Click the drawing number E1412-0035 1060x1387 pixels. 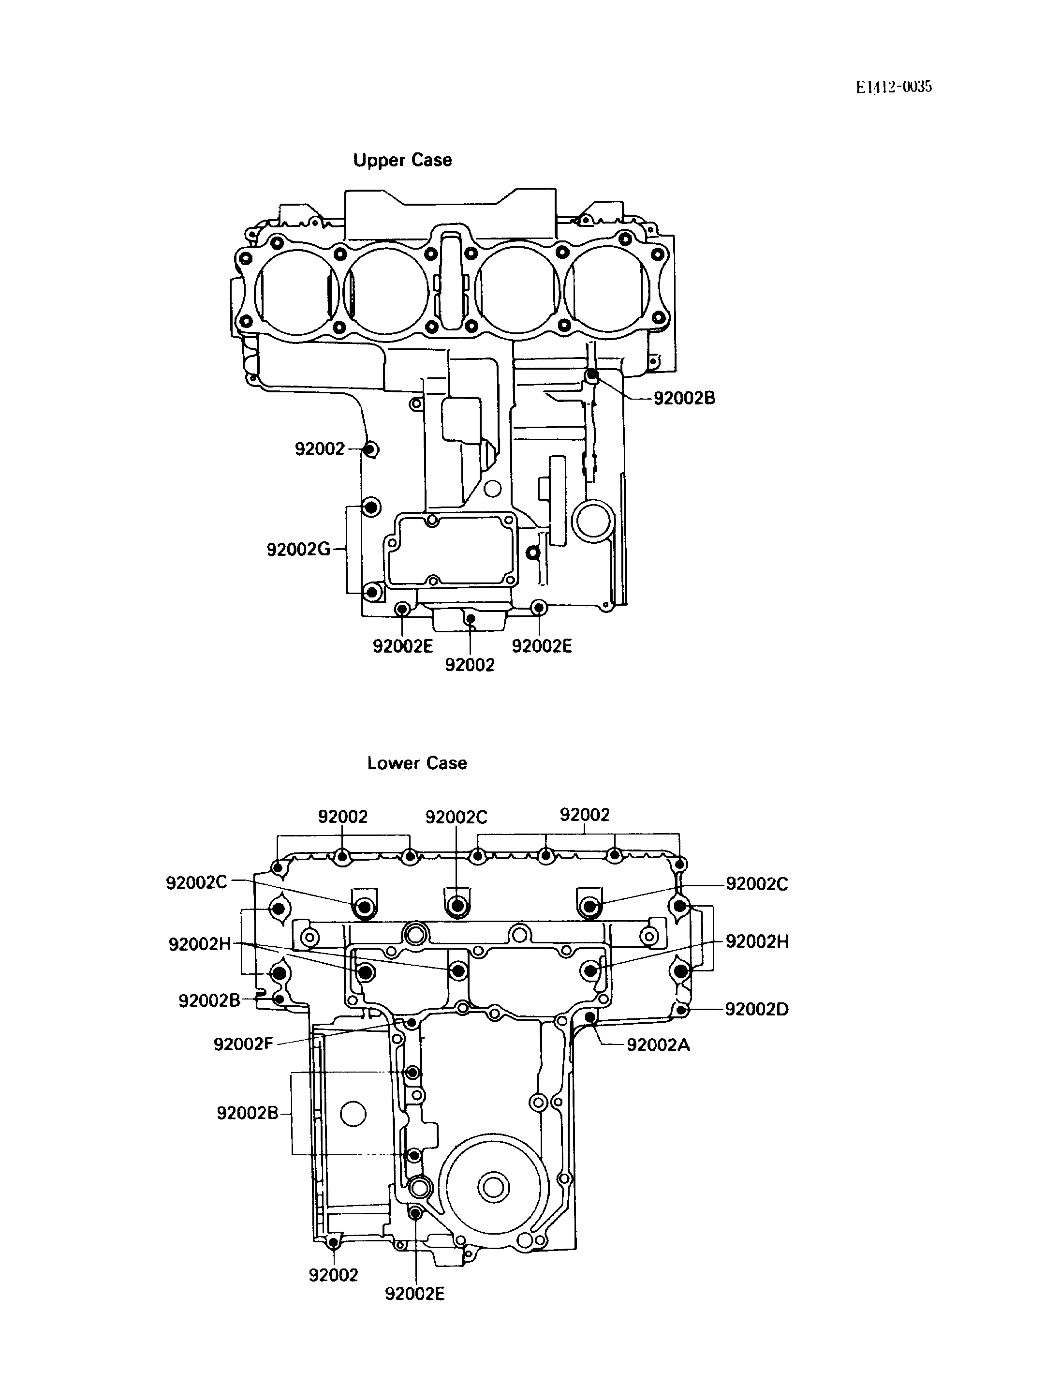894,87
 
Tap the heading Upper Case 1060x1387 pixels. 402,160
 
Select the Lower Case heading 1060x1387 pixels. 417,763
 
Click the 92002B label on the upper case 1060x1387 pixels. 684,399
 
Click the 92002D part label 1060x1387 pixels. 756,1009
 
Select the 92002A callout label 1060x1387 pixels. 658,1045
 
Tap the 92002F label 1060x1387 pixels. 243,1044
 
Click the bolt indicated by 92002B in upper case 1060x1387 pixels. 592,375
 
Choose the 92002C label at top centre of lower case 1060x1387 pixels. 456,817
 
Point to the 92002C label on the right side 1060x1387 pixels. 756,884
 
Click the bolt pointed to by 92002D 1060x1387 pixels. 681,1010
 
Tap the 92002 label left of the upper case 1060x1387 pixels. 320,449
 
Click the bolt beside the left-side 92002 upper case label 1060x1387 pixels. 371,450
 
